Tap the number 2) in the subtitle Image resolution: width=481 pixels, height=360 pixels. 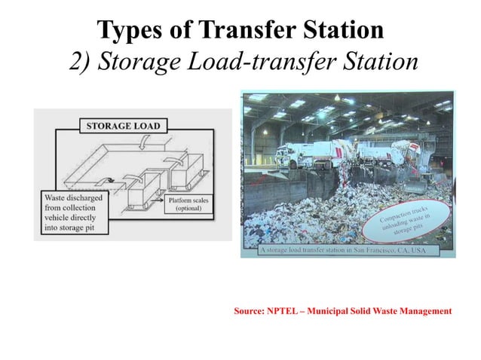[82, 64]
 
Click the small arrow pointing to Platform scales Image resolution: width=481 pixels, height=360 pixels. [158, 201]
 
